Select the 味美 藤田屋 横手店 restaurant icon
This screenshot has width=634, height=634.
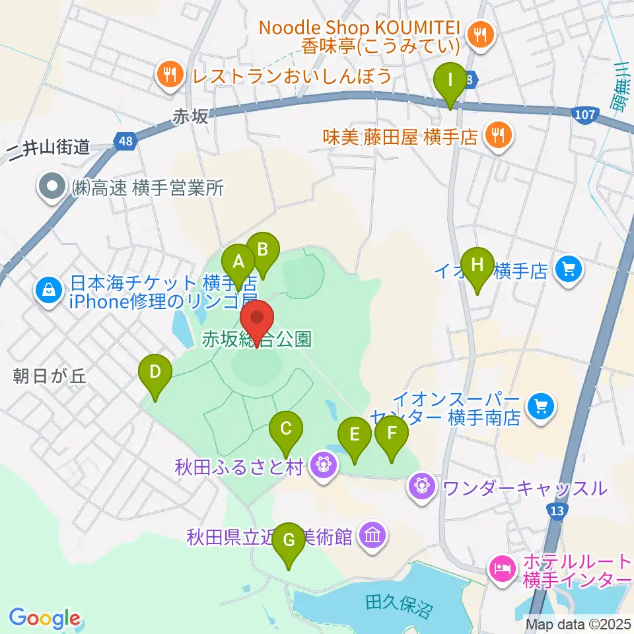pyautogui.click(x=495, y=136)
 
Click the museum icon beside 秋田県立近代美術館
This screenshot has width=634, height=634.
pyautogui.click(x=374, y=535)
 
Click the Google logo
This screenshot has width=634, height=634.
pyautogui.click(x=44, y=618)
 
